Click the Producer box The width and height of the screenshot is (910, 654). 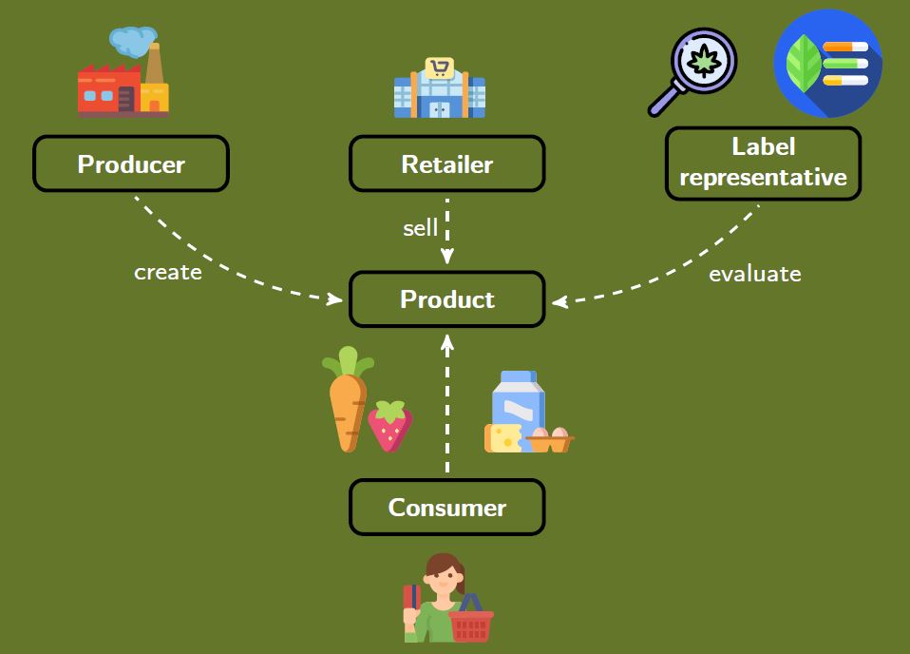click(x=131, y=163)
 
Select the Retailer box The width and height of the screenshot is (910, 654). click(x=446, y=163)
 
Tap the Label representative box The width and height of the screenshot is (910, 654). click(x=763, y=163)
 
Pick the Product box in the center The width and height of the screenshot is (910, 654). click(x=446, y=299)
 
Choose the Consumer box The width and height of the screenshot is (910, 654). click(x=446, y=507)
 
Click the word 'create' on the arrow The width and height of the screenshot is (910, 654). click(x=168, y=273)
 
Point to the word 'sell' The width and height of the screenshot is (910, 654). click(x=421, y=228)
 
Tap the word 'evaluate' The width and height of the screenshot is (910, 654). click(x=755, y=274)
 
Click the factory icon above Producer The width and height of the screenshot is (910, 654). click(x=123, y=81)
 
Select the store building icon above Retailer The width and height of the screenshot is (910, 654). click(x=440, y=90)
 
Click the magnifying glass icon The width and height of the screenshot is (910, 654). click(x=693, y=70)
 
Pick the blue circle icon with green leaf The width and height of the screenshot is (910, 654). click(x=827, y=63)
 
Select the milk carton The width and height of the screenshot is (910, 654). click(x=519, y=399)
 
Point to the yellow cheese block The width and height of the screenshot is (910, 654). click(x=502, y=438)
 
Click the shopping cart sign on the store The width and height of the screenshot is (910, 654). click(x=439, y=67)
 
